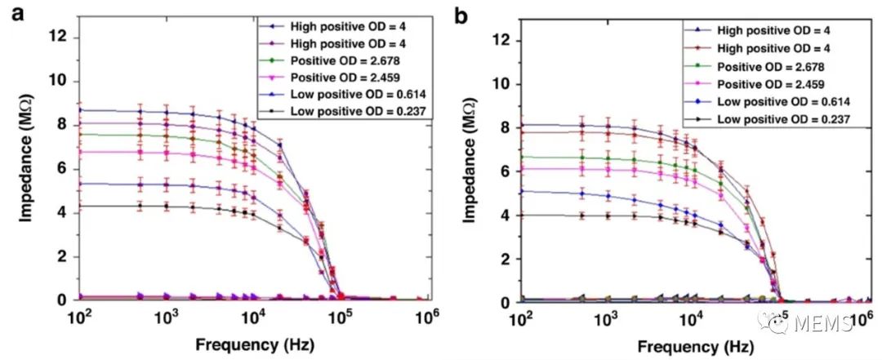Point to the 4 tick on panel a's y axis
[65, 212]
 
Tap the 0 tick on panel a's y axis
[65, 300]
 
